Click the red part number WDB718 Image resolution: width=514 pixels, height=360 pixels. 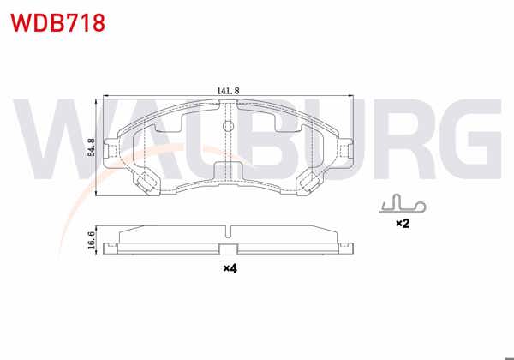(57, 23)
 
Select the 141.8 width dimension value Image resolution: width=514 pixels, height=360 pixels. (228, 91)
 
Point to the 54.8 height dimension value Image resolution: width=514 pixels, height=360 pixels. (92, 147)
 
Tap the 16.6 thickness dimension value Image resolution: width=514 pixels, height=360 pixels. (92, 240)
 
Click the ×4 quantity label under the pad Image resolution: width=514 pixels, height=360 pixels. (230, 268)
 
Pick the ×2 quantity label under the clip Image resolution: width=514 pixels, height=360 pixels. (403, 224)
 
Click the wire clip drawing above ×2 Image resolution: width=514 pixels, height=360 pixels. (403, 204)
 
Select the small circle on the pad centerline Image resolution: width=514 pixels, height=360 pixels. (228, 126)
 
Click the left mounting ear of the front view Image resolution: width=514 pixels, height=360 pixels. (111, 150)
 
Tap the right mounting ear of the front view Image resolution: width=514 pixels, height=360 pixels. (345, 150)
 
